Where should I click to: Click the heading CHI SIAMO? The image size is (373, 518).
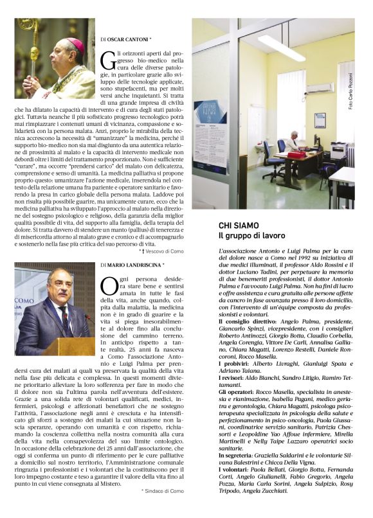240,226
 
